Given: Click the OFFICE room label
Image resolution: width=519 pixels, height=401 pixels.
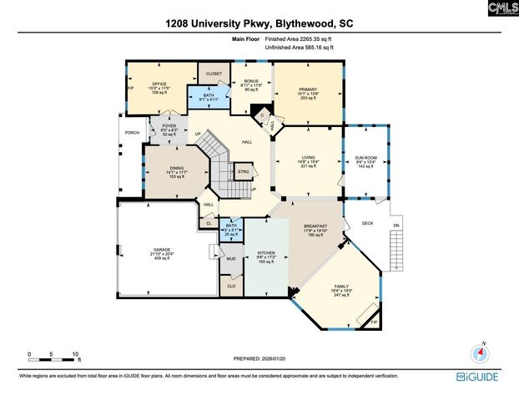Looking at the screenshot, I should coord(159,84).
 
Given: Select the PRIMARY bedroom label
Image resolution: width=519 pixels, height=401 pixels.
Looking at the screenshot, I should coord(308,89).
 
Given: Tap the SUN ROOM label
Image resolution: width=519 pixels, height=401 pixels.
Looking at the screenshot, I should coord(366,157).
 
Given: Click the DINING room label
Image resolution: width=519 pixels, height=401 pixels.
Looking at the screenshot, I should coord(176,168).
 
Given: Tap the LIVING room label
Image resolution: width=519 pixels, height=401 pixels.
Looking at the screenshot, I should coord(309,157).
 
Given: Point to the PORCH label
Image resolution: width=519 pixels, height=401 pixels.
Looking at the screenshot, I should coord(132,133).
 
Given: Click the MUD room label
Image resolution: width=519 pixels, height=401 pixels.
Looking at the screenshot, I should coord(231,259).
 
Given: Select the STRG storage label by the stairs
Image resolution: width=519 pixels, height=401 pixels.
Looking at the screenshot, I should coord(244,172).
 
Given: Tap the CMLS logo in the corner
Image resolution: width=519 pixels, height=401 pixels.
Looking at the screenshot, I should coord(498,8).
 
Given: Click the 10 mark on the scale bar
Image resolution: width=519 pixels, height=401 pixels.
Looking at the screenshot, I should coord(76,355).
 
